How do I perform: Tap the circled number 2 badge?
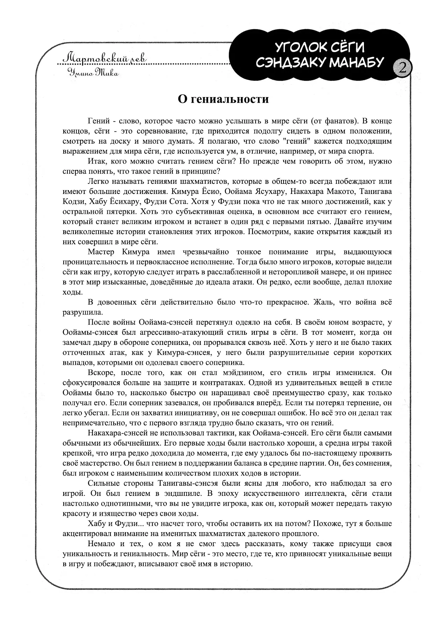click(402, 68)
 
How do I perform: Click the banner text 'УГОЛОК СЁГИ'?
click(320, 48)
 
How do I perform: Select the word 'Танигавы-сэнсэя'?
click(185, 483)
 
